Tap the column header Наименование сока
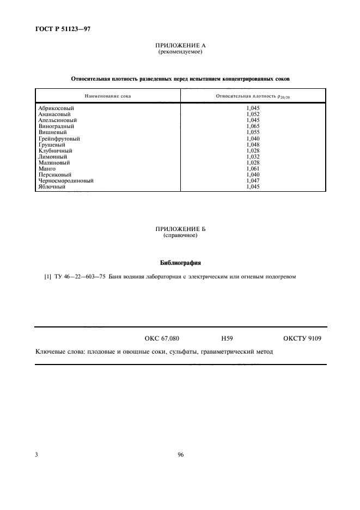(107, 96)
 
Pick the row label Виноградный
(56, 126)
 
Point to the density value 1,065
(253, 126)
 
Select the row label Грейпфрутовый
(59, 138)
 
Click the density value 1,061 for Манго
(253, 168)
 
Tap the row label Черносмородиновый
(66, 180)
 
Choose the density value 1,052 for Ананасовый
(253, 114)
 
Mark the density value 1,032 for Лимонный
(253, 156)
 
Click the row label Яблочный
(52, 186)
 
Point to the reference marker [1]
(48, 277)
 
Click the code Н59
(227, 338)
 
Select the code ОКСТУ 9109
(302, 338)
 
